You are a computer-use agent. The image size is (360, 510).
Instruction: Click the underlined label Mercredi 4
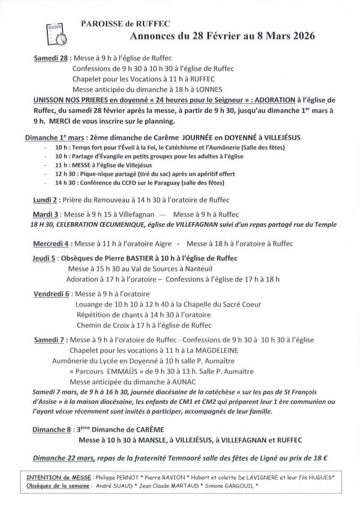[x=52, y=244]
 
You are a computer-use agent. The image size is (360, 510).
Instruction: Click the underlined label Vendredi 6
[x=51, y=293]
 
